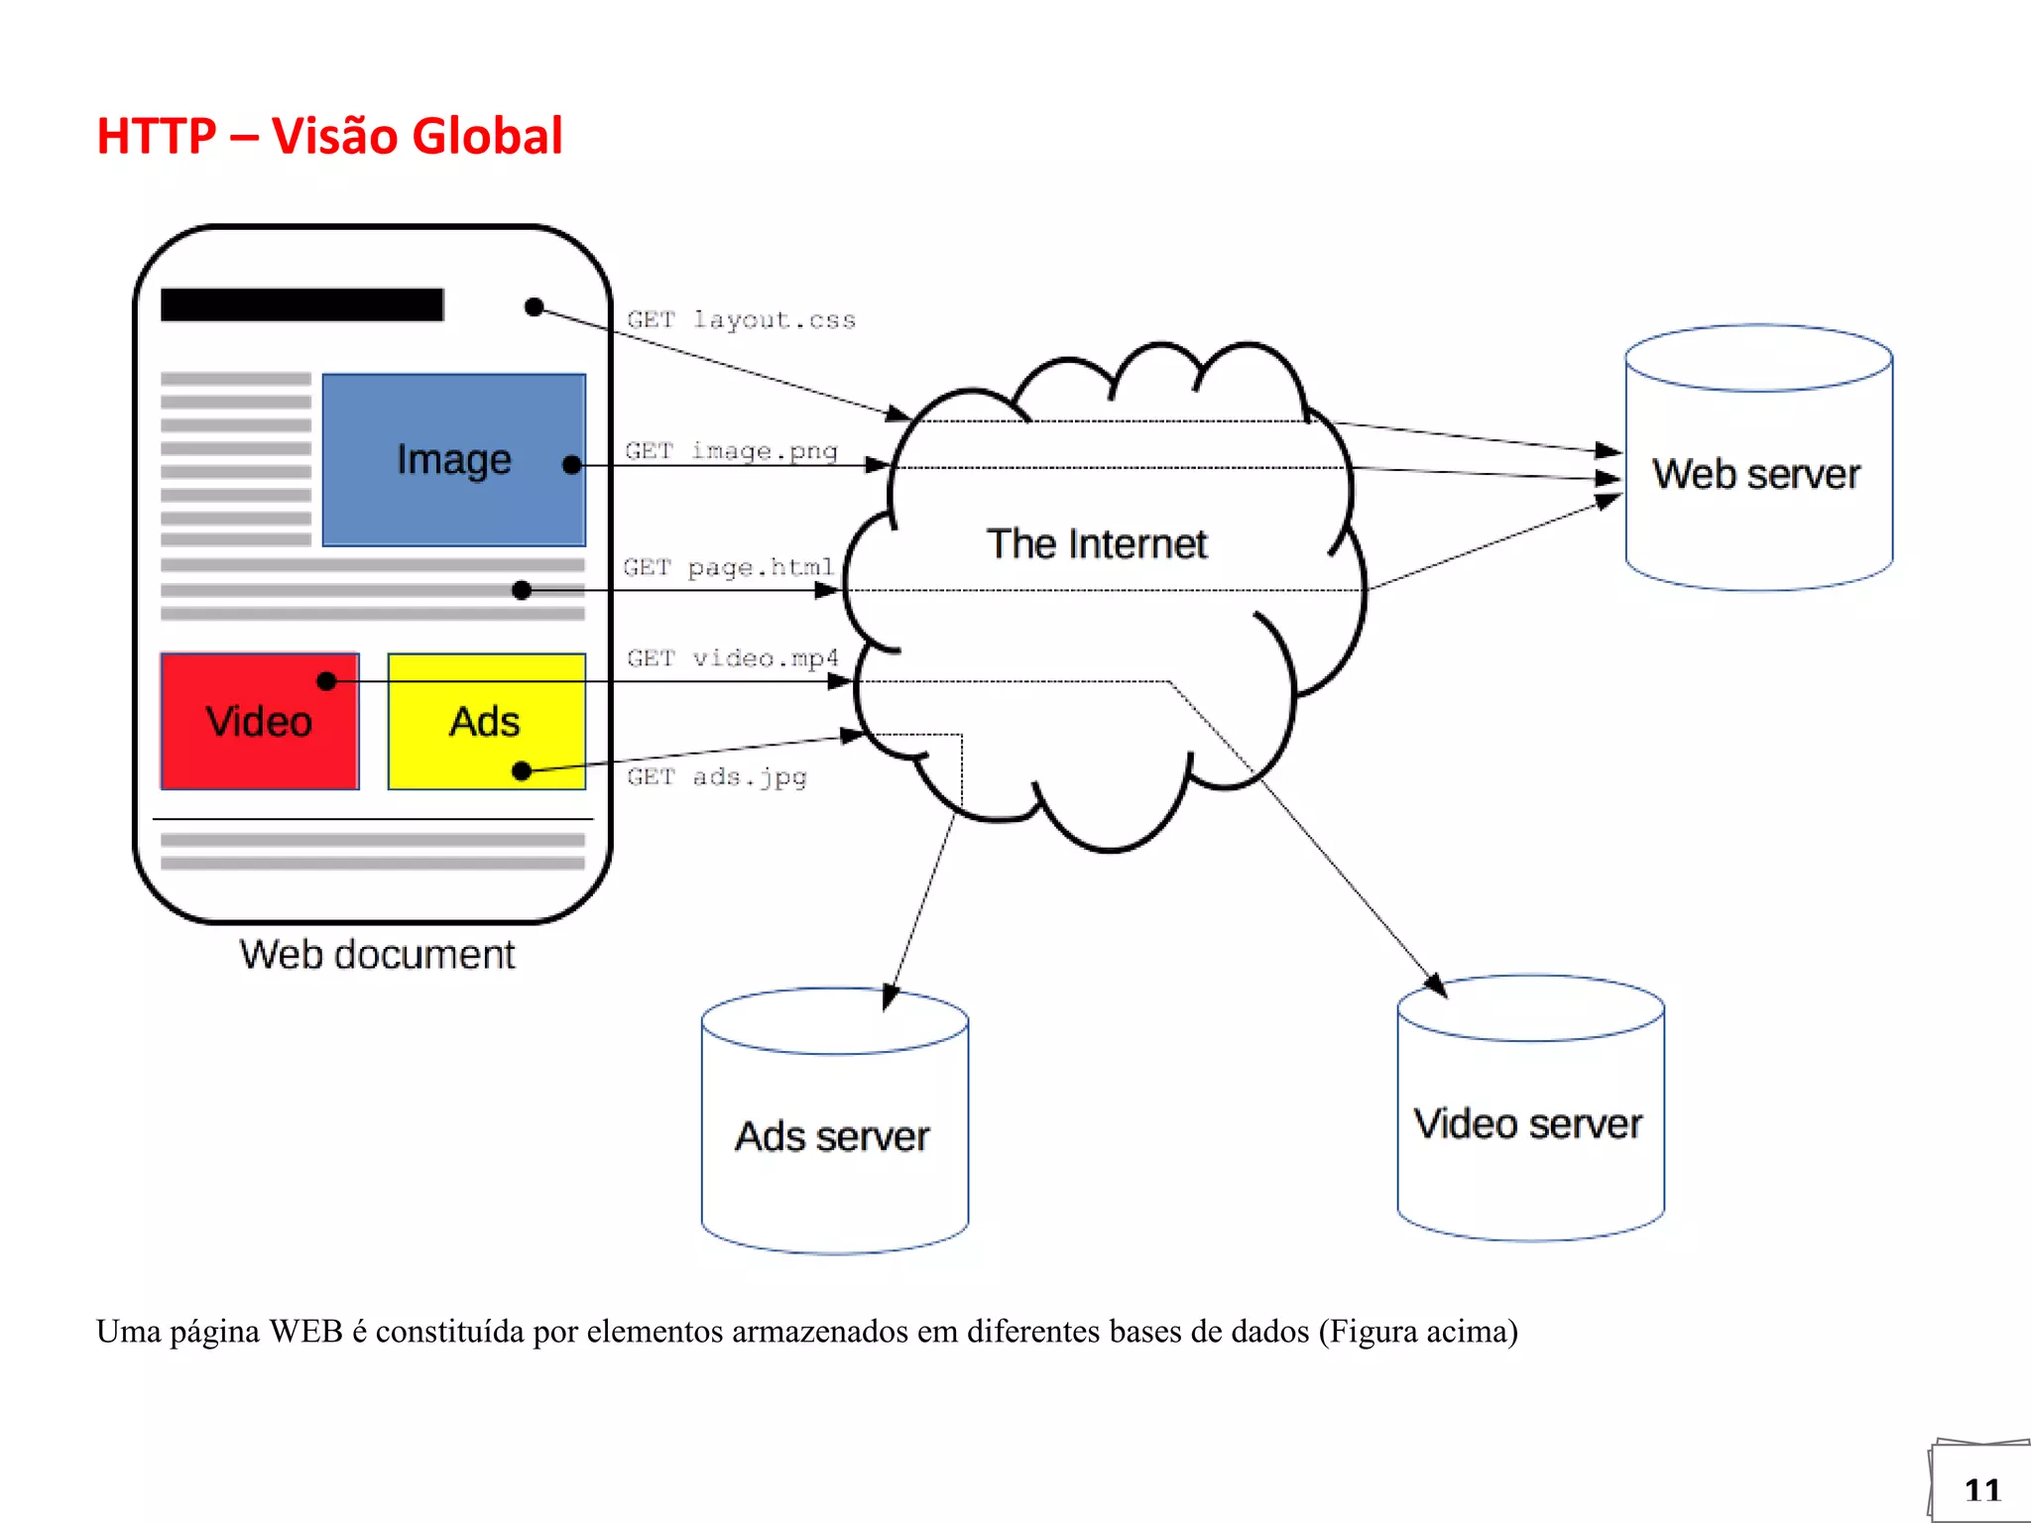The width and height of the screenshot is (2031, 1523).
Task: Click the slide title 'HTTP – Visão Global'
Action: (329, 136)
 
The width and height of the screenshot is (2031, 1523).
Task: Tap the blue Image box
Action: (453, 459)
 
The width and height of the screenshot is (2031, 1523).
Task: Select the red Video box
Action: (259, 721)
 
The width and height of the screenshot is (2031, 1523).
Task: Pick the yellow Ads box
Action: (485, 721)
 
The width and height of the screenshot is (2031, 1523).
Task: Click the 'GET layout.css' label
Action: (741, 319)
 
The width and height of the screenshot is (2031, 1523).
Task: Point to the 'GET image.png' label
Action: (731, 451)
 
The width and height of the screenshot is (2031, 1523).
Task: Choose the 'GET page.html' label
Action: (728, 567)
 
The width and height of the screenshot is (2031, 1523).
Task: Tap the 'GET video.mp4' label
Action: (732, 658)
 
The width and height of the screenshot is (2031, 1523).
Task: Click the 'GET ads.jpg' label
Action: (716, 776)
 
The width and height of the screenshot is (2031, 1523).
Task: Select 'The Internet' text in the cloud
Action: (1096, 544)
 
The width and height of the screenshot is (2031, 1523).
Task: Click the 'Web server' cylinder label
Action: (1755, 474)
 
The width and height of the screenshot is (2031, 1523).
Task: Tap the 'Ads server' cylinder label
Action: (832, 1136)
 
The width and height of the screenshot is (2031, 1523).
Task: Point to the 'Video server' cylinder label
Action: (1527, 1124)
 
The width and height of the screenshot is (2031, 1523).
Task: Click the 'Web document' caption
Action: (377, 955)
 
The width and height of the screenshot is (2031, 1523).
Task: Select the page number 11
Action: (1981, 1490)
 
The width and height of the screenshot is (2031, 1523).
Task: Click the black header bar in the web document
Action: (301, 304)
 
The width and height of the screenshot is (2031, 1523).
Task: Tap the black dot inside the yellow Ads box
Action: (522, 770)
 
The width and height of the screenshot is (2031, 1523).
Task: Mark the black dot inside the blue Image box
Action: (571, 465)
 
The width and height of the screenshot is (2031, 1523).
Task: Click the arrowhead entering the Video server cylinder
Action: (1436, 986)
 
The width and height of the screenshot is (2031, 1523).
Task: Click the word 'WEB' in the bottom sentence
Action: (306, 1331)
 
